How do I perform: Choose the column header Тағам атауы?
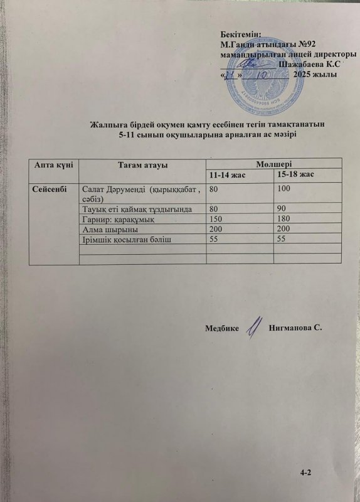click(x=141, y=164)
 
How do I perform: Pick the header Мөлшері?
click(x=273, y=163)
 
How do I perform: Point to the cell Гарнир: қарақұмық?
click(x=119, y=220)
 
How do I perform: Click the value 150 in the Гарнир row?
click(x=217, y=220)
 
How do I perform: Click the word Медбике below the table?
click(x=222, y=329)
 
